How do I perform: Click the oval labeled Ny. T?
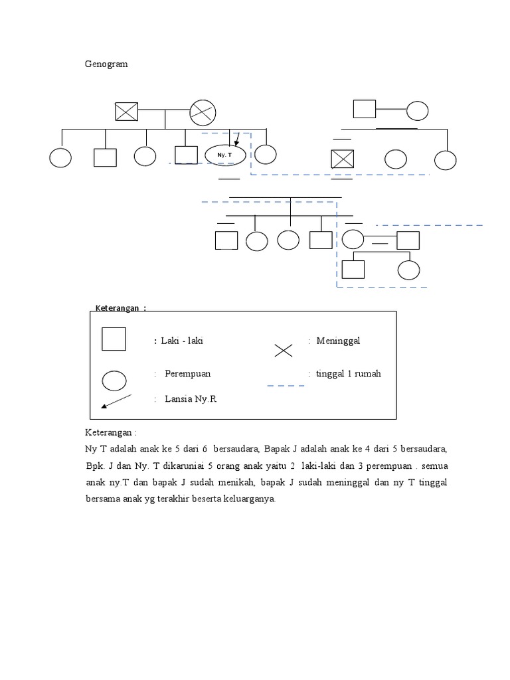pos(226,155)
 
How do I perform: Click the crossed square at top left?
pos(126,111)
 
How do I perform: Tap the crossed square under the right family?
pos(343,159)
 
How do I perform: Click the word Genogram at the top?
pos(106,64)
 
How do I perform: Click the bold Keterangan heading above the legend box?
pos(120,308)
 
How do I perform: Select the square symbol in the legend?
pos(114,339)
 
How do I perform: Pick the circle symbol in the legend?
pos(114,381)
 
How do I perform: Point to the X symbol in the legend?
pos(284,350)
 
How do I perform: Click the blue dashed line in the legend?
pos(286,385)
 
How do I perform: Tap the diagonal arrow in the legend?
pos(116,402)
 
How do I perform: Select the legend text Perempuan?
pos(187,373)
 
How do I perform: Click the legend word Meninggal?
pos(338,341)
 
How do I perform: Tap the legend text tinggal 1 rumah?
pos(349,373)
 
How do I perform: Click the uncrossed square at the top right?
pos(364,109)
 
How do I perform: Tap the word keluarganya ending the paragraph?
pos(248,499)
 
